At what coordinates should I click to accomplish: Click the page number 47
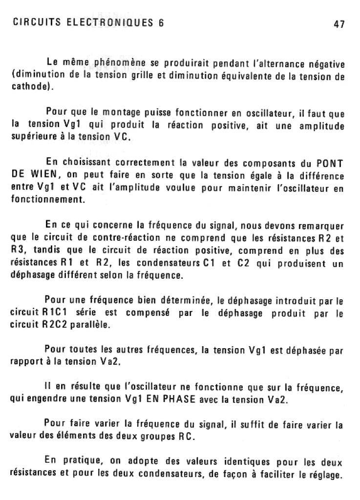pos(339,23)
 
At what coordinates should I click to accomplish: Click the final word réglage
pos(323,474)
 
